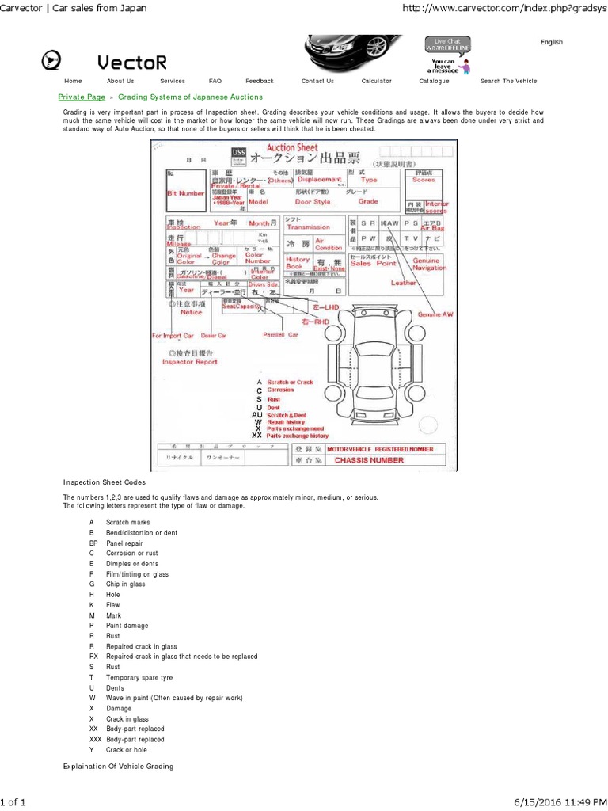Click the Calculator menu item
coord(376,81)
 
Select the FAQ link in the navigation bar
coord(215,81)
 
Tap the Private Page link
coord(82,96)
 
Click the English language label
coord(552,42)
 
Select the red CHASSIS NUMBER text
coord(369,460)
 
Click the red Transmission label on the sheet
coord(308,227)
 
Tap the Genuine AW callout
coord(435,314)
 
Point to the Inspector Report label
coord(189,361)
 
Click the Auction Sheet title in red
coord(292,147)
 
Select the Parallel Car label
coord(281,335)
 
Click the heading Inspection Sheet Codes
coord(104,482)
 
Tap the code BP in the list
coord(93,544)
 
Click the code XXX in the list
coord(95,739)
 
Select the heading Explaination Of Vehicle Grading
coord(118,767)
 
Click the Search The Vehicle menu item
coord(508,81)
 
